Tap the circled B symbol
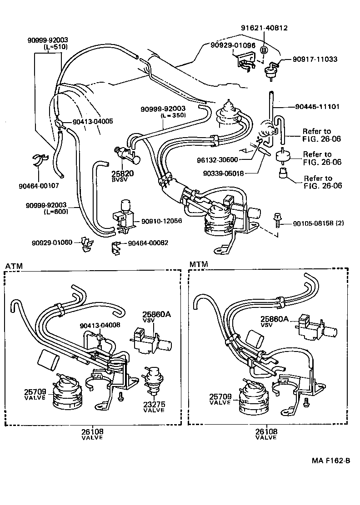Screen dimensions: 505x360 point(264,50)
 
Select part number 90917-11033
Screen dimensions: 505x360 point(315,59)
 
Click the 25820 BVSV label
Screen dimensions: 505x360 point(121,175)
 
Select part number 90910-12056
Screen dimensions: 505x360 point(161,221)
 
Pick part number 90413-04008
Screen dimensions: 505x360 point(100,325)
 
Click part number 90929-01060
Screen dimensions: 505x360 point(52,243)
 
